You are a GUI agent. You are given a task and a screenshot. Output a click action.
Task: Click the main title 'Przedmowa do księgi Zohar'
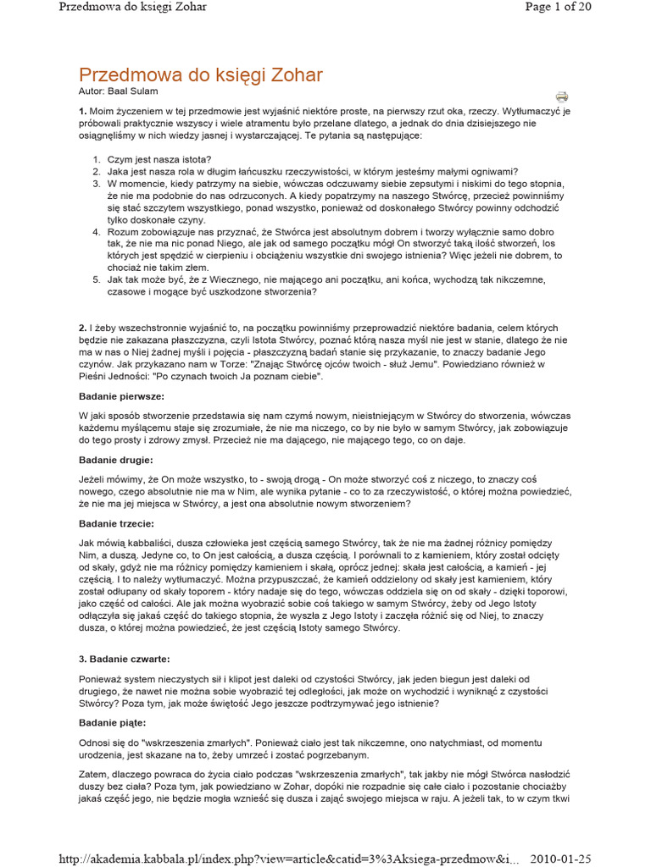tap(200, 75)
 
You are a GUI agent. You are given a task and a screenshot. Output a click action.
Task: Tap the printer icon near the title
tap(561, 97)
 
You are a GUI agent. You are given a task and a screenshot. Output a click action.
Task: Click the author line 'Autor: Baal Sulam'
tap(118, 91)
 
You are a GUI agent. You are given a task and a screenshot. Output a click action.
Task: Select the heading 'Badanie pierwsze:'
tap(121, 396)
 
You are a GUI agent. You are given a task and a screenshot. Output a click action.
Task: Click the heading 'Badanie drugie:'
tap(116, 460)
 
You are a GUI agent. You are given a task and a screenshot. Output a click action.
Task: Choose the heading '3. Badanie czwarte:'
tap(124, 658)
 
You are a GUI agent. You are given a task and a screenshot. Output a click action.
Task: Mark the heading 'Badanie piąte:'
tap(113, 722)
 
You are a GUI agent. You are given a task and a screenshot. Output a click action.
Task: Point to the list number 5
tap(97, 279)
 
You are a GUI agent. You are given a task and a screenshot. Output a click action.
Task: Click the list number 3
tap(97, 183)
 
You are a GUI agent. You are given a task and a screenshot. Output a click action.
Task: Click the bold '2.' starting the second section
tap(83, 327)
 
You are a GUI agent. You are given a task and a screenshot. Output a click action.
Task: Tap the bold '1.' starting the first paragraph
tap(83, 112)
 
